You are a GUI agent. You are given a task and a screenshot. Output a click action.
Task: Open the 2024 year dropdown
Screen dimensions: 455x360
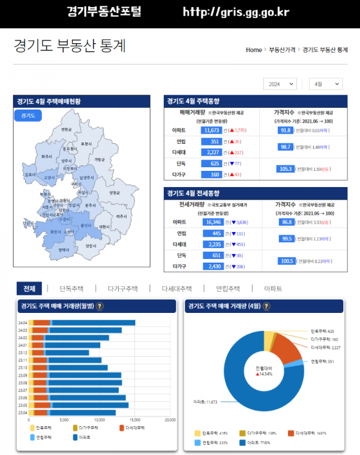280,85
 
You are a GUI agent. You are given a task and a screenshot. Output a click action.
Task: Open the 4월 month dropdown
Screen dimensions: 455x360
325,85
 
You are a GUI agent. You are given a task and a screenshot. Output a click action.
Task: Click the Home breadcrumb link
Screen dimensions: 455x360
254,50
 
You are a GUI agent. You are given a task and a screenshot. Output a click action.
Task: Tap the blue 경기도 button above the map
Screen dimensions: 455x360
28,115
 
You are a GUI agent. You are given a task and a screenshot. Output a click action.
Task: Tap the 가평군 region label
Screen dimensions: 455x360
99,159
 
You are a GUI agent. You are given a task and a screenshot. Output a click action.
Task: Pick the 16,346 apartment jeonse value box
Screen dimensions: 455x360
214,222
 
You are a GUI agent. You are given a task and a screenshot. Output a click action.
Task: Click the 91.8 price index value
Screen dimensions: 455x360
285,130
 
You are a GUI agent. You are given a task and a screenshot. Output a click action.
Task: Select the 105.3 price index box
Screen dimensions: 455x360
285,169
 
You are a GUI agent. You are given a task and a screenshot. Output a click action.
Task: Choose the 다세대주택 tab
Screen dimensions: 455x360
176,288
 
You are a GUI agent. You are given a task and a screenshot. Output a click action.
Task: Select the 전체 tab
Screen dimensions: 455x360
29,288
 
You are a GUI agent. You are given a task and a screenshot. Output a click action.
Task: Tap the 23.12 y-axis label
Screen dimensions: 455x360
23,352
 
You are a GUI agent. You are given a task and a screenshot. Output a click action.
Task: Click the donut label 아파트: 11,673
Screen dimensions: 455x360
205,401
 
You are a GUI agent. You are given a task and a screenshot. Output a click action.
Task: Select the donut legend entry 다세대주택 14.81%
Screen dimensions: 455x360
307,433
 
